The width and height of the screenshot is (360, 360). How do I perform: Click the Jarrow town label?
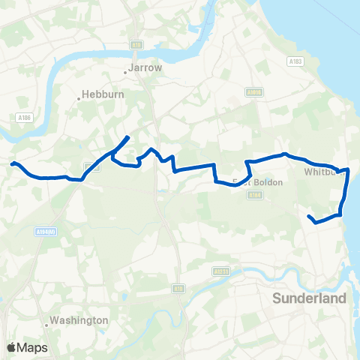pos(145,67)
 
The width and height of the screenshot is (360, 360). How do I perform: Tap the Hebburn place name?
pos(97,96)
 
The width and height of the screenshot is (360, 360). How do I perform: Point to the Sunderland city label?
pos(309,298)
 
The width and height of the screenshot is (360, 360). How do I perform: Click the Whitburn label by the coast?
pos(322,172)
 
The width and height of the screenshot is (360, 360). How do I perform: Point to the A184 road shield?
pos(256,195)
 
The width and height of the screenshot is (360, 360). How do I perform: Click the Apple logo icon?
pos(12,346)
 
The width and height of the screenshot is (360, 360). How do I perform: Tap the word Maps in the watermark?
pos(32,347)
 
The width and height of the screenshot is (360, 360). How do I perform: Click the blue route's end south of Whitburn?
pos(310,216)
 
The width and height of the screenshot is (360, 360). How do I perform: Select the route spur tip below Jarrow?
pos(129,136)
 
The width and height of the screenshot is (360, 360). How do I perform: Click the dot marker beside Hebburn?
pos(79,97)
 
